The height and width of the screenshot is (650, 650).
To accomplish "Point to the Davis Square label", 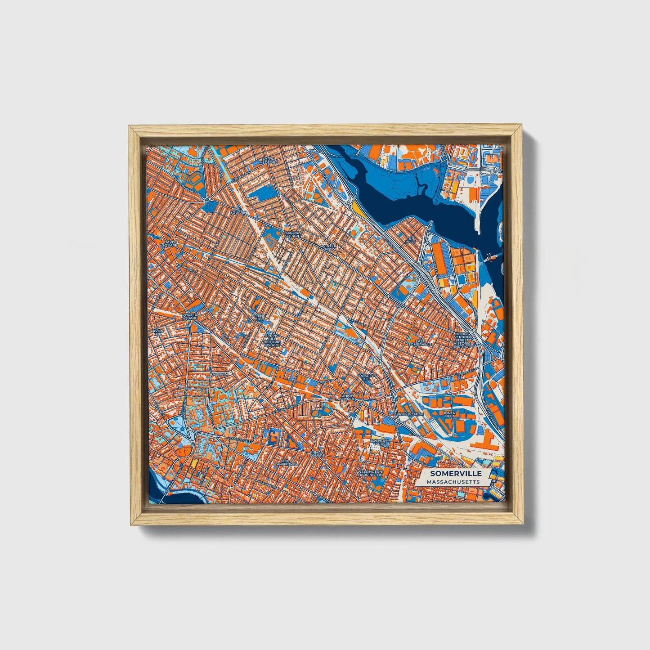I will pyautogui.click(x=170, y=243).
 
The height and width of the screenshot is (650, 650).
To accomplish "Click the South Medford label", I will pyautogui.click(x=269, y=160).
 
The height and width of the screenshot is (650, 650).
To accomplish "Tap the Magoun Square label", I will pyautogui.click(x=292, y=234).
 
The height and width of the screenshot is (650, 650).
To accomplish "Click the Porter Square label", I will pyautogui.click(x=190, y=317).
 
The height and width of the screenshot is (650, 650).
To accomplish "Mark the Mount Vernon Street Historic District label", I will pyautogui.click(x=462, y=341).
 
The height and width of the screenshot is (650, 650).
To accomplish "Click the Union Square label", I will pyautogui.click(x=347, y=397).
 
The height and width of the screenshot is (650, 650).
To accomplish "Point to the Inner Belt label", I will pyautogui.click(x=449, y=414).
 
